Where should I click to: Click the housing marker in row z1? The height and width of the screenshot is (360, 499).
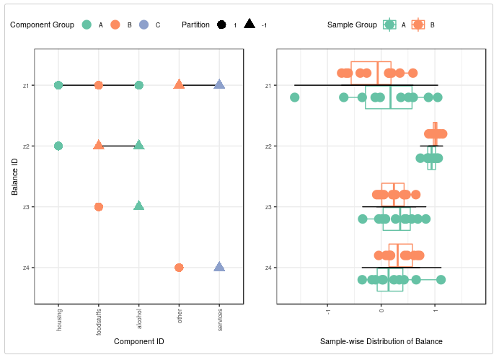point(58,85)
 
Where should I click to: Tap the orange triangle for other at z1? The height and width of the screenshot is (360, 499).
point(179,85)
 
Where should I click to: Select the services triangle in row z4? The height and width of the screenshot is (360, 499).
point(219,267)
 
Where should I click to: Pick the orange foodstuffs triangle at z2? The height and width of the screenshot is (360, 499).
point(99,145)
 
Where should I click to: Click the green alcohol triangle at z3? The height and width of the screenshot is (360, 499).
point(139,206)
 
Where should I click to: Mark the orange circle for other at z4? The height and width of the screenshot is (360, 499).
point(179,268)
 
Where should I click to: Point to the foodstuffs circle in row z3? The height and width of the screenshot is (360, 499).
point(99,207)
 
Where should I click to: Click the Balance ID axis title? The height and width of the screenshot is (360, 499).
point(14,177)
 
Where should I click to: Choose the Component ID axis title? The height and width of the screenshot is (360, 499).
point(139,341)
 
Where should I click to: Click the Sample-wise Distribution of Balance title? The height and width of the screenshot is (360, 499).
point(381,341)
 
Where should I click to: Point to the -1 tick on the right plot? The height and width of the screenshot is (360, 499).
point(328,310)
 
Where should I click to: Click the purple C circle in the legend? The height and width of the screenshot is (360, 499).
point(144,25)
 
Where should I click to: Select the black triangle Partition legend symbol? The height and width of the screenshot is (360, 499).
point(249,25)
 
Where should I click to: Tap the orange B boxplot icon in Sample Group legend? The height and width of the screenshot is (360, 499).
point(418,25)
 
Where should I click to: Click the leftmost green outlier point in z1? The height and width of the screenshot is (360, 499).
point(294,97)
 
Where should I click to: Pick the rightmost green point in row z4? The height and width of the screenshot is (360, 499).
point(441,280)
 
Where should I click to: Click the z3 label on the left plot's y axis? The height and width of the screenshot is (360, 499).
point(26,207)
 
